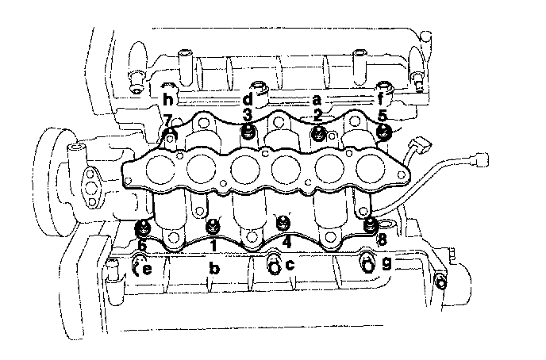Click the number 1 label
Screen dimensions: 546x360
pos(213,246)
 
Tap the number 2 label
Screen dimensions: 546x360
pos(317,116)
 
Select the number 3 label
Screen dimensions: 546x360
pos(247,115)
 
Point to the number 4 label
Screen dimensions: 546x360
pos(286,241)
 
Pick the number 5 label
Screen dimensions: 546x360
pos(383,115)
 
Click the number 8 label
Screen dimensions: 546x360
pos(382,239)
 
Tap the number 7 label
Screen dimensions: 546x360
pos(167,121)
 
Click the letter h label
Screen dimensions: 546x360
pos(168,100)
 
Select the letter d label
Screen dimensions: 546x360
pos(248,100)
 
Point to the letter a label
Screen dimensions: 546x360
pos(317,101)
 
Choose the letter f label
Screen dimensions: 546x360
pos(381,100)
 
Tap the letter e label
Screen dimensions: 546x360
pos(148,270)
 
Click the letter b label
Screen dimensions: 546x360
pos(214,268)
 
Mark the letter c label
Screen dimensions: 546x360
pos(290,266)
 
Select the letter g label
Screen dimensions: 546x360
pos(386,265)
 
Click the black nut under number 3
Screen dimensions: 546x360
pos(248,132)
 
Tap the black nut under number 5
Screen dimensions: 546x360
pos(384,132)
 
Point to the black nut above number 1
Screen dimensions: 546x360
pos(213,227)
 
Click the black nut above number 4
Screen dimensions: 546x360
pos(283,223)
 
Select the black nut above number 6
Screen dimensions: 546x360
pos(143,229)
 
